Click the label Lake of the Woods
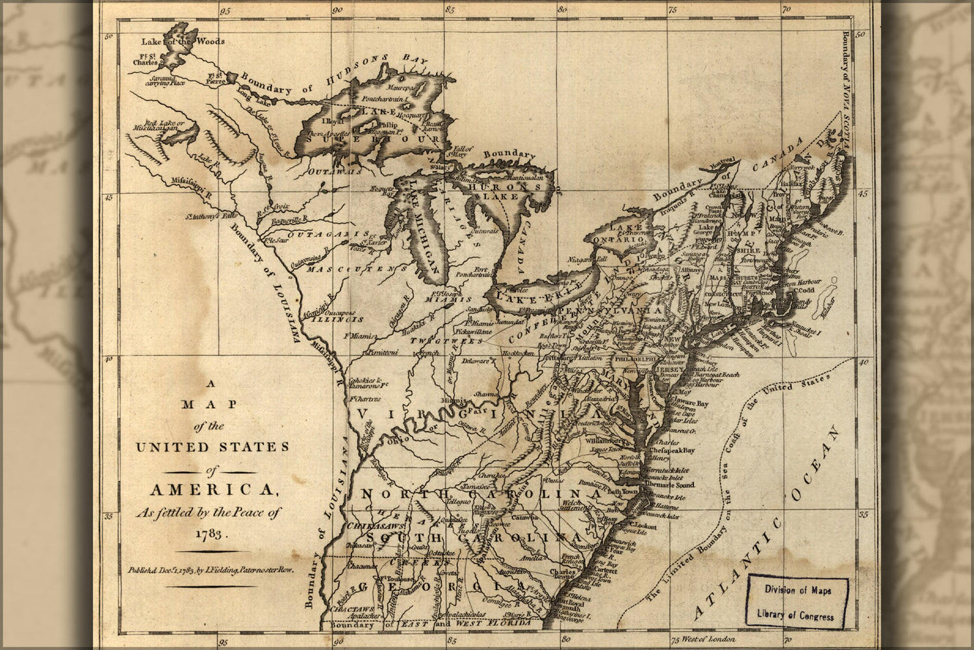pos(183,41)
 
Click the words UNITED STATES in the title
pos(211,447)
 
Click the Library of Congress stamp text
pos(797,615)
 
